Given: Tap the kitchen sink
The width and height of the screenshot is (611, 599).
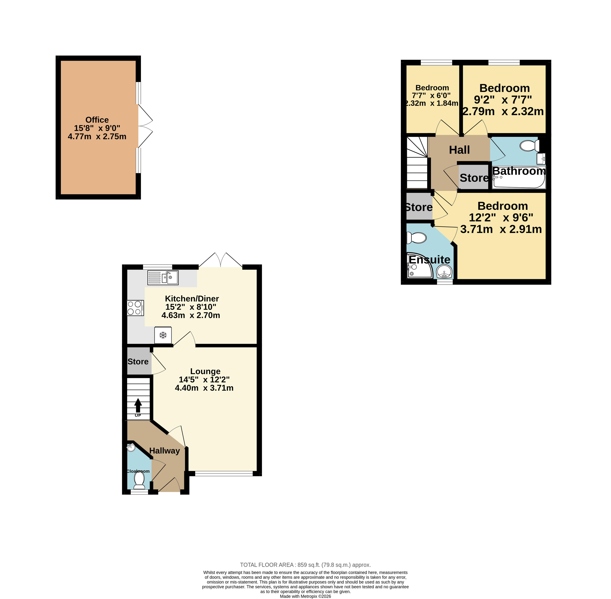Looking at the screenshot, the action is (x=163, y=278).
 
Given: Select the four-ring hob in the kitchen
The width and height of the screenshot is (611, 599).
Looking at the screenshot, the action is (x=135, y=308).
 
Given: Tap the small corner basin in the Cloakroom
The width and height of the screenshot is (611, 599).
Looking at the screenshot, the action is (x=131, y=447).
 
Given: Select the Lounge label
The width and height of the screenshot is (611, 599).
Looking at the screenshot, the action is (x=205, y=371).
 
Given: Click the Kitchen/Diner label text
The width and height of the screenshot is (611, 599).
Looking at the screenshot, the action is (x=192, y=299).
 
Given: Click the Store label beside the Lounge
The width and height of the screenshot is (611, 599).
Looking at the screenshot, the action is (x=138, y=362).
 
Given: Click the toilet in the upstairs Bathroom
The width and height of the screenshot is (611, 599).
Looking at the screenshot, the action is (x=530, y=146).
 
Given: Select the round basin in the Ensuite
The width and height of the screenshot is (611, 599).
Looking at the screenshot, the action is (x=444, y=271).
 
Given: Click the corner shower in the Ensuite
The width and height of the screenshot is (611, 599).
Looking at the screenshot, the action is (x=420, y=265).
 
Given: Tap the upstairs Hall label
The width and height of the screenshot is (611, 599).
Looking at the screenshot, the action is (x=459, y=150).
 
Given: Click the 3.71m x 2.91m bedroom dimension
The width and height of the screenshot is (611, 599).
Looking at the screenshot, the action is (x=501, y=229).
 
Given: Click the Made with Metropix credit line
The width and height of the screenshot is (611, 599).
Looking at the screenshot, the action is (x=305, y=596).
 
